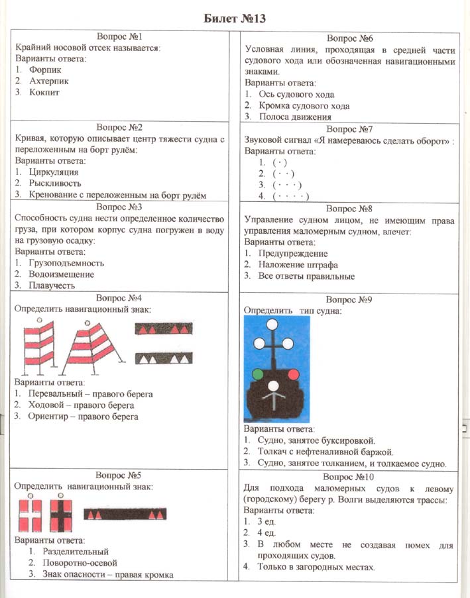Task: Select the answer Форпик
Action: (45, 70)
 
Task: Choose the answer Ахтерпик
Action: (49, 81)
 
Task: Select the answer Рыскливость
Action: (55, 183)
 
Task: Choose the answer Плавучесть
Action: (52, 285)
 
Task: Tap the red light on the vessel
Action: (292, 375)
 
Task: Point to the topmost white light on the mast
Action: (272, 323)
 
